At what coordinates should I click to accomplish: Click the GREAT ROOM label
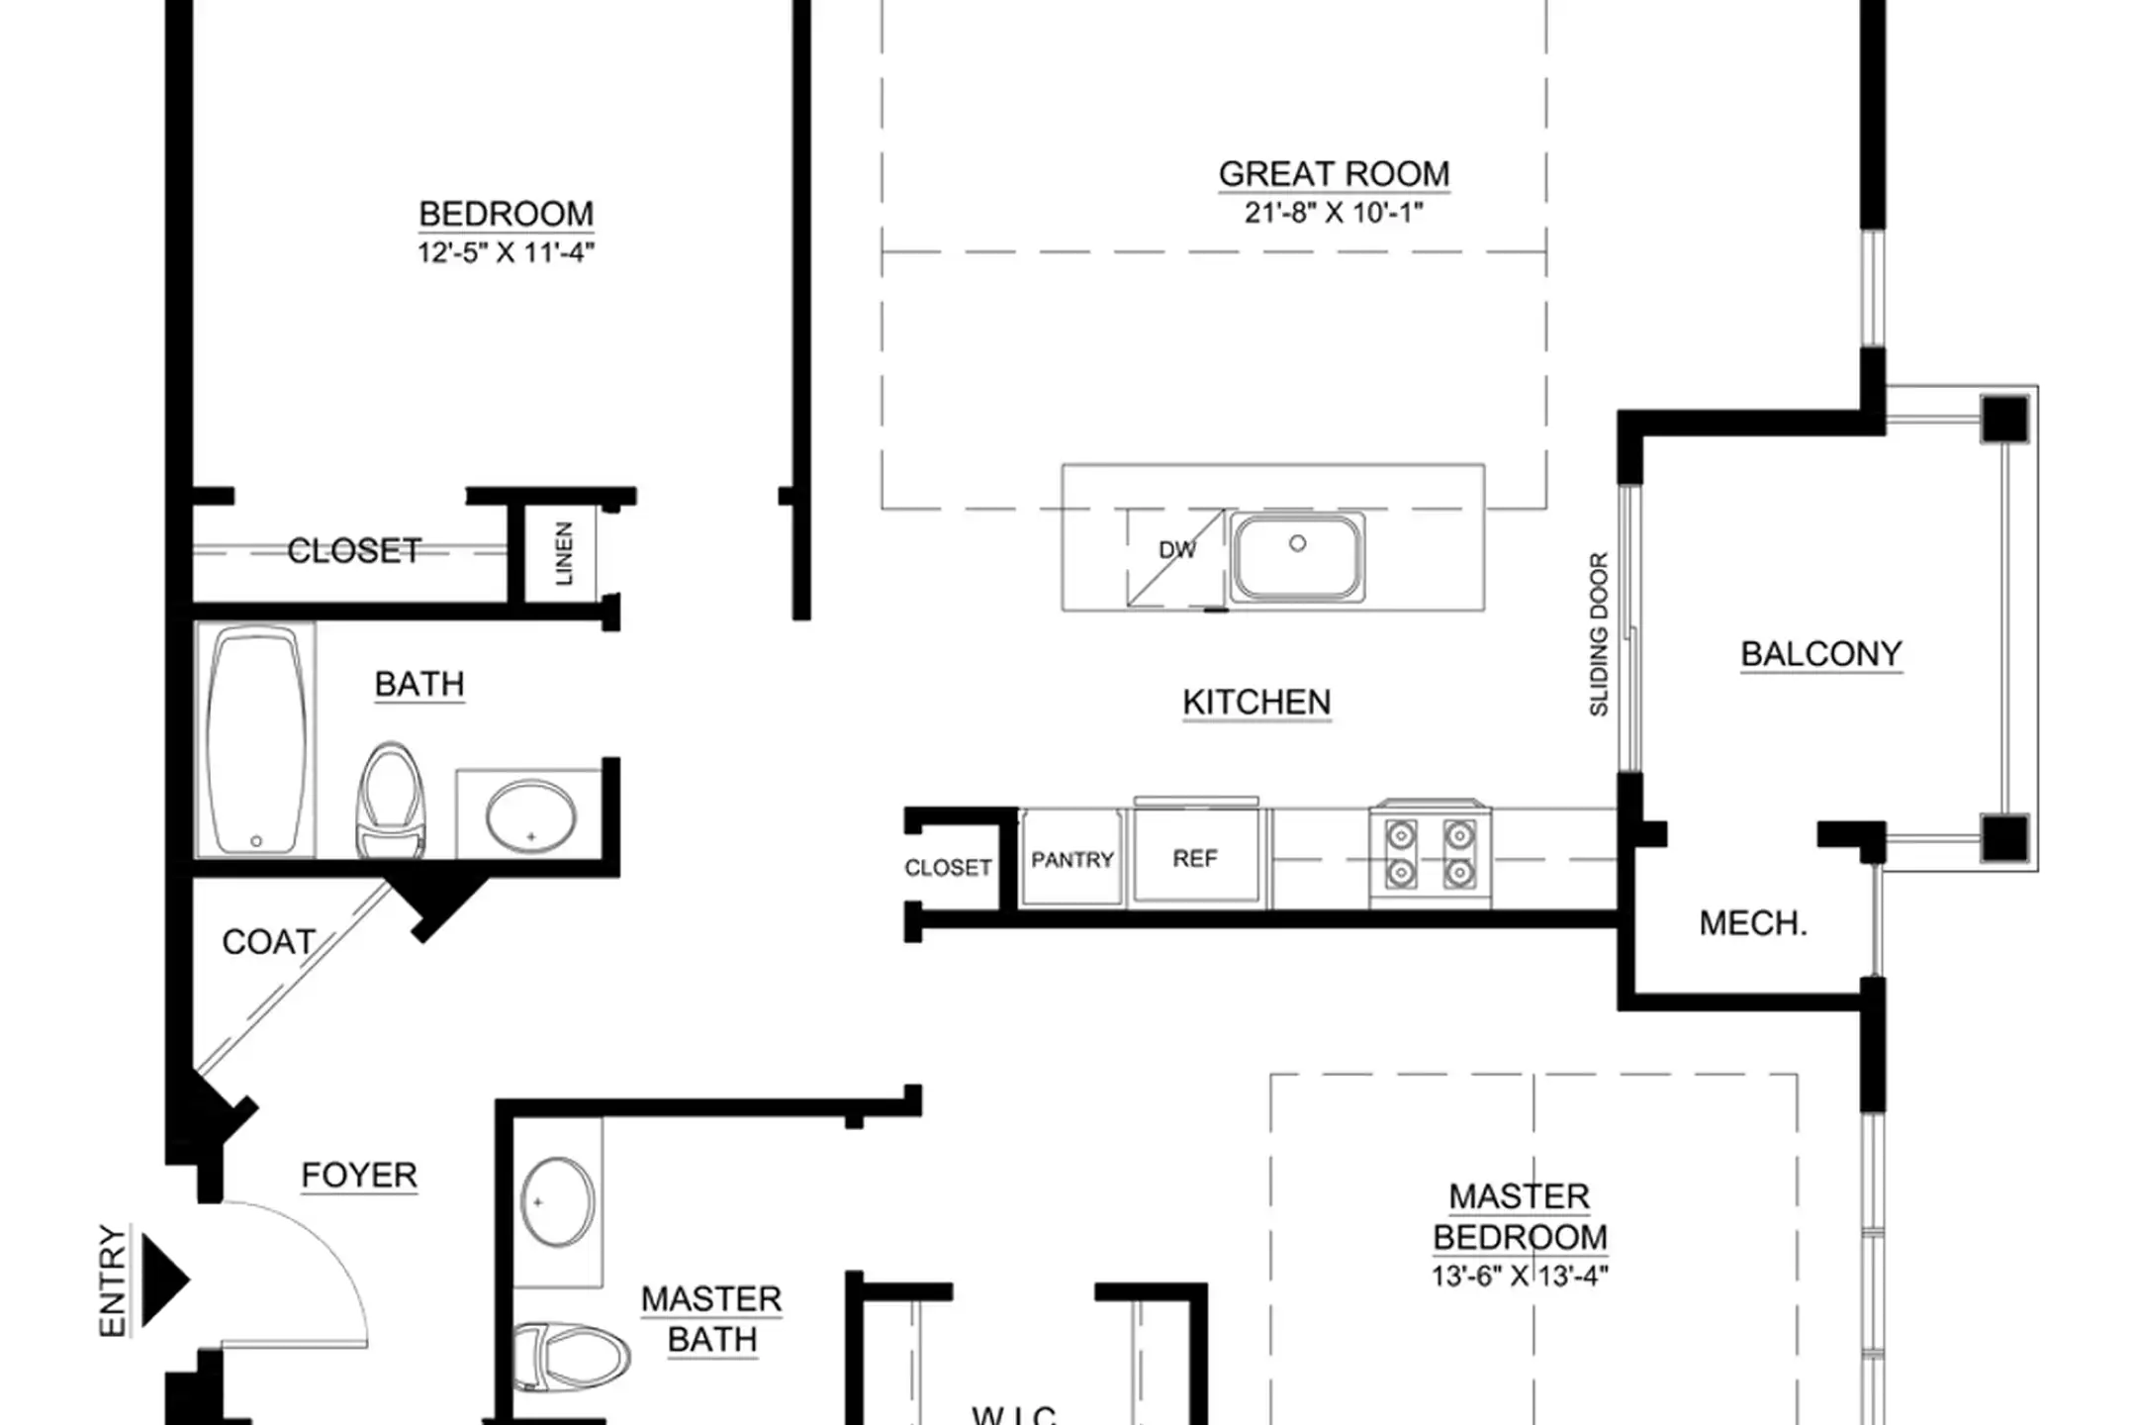1334,174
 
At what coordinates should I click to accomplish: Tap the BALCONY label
1820,654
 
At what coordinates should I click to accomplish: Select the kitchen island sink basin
1298,556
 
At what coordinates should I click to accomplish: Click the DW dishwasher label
1177,550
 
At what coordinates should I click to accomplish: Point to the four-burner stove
1431,855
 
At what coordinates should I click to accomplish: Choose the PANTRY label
1072,860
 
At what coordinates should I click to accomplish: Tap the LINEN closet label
564,554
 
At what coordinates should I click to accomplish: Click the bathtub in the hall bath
256,741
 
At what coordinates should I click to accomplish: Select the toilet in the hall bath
391,801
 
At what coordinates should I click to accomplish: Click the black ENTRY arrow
164,1281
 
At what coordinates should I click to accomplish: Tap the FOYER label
359,1176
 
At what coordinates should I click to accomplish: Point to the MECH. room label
1753,923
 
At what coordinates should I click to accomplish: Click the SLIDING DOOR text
1599,634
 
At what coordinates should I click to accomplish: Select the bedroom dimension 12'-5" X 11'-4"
506,252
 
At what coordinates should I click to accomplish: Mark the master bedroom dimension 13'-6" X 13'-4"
1520,1276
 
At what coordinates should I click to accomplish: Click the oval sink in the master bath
558,1201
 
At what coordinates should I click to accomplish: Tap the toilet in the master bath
572,1356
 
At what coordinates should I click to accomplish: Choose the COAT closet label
268,942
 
